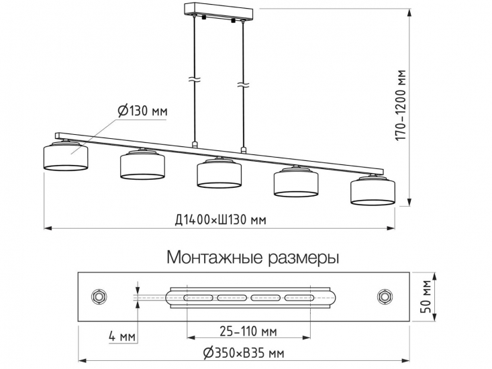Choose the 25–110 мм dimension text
click(x=249, y=331)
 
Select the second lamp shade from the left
click(x=143, y=166)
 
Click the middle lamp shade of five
click(x=219, y=174)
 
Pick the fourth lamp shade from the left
click(x=296, y=182)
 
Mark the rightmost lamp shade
click(x=373, y=190)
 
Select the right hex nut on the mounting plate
click(x=385, y=296)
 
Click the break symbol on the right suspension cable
click(x=242, y=84)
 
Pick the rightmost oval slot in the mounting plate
click(x=299, y=296)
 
